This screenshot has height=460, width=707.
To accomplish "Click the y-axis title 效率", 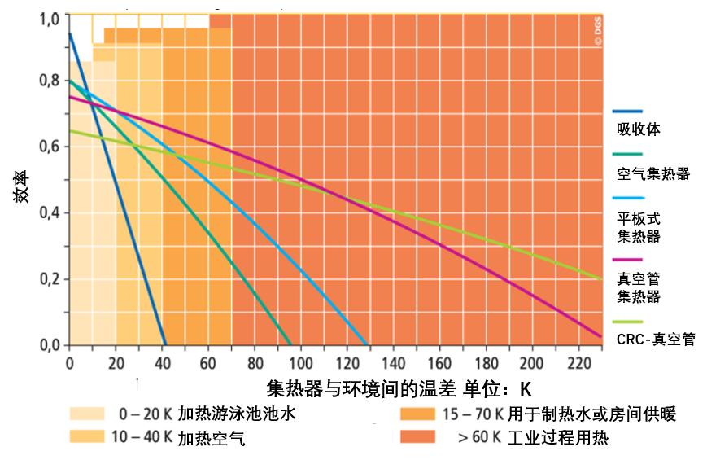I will (x=25, y=186).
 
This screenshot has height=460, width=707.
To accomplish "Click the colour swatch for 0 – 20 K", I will (x=87, y=414).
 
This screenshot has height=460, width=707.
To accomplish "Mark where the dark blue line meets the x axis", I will (x=165, y=345).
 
